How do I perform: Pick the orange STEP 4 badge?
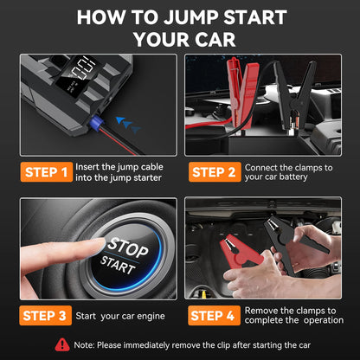tap(212, 315)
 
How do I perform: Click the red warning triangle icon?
tap(61, 344)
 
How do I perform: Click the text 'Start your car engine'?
tap(113, 315)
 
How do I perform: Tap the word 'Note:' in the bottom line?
tap(89, 344)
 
